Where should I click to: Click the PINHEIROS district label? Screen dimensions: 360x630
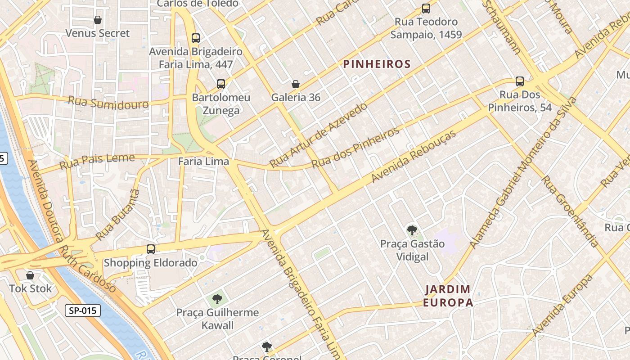pos(377,64)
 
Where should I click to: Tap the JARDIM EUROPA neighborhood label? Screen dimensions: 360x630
pos(448,296)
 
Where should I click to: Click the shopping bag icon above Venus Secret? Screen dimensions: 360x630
pos(98,20)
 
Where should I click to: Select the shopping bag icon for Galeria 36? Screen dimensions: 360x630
pos(296,84)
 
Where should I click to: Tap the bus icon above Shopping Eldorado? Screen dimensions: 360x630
pos(151,249)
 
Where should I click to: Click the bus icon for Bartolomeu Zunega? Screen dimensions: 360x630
pos(220,84)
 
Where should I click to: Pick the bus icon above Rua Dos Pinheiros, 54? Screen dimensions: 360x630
pos(520,81)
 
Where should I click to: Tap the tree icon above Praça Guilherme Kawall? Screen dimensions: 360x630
pos(217,299)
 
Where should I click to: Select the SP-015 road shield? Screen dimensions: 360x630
pos(82,310)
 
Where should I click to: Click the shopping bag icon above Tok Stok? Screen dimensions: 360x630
pos(30,275)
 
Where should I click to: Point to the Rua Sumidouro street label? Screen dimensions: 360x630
pos(108,103)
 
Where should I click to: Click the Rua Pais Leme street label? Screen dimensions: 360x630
pos(97,161)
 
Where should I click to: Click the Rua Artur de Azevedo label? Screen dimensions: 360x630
pos(319,135)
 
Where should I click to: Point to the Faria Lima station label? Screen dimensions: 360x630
pos(203,161)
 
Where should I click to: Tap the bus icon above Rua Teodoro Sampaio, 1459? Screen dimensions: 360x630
pos(426,8)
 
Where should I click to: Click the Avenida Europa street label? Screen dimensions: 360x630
pos(562,305)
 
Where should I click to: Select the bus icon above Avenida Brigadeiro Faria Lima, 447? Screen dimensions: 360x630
pos(195,38)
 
